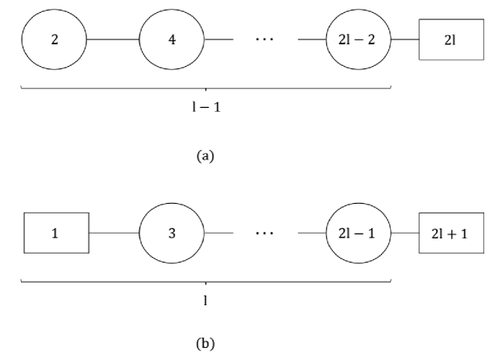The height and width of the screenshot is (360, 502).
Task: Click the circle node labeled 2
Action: click(54, 39)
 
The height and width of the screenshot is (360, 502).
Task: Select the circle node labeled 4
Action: click(172, 39)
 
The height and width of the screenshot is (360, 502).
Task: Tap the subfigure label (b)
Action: click(205, 344)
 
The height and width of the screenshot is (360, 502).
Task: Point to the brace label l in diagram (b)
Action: click(205, 300)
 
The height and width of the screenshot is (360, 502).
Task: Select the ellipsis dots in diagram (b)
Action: click(264, 233)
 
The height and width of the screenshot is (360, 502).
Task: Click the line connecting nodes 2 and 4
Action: click(113, 39)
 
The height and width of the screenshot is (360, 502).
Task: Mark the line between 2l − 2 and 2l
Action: click(405, 39)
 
